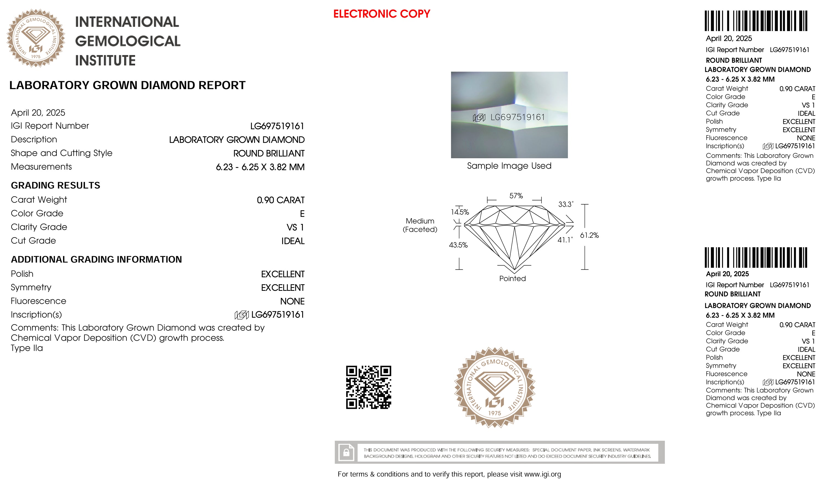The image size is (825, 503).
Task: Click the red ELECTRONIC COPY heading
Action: (x=381, y=14)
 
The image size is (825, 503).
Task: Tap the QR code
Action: (x=368, y=387)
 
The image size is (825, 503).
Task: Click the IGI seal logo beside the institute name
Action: (x=36, y=38)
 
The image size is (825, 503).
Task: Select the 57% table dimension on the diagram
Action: (x=516, y=196)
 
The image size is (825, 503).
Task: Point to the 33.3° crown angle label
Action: (x=565, y=204)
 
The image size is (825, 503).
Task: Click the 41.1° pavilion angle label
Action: (x=565, y=240)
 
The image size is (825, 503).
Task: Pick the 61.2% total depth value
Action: (x=589, y=235)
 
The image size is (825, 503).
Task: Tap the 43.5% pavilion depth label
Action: (x=458, y=245)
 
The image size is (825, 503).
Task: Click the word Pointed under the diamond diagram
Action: (x=512, y=278)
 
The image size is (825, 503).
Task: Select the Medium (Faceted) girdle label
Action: (x=420, y=225)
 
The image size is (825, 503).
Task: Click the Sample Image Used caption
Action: (x=509, y=166)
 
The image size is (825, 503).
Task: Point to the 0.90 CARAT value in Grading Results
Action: (x=280, y=200)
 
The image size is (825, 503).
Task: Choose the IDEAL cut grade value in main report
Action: (x=293, y=241)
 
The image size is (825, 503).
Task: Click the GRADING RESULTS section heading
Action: (x=56, y=185)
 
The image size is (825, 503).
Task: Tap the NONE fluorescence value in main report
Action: (x=292, y=301)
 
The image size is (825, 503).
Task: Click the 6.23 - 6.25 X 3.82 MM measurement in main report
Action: (x=260, y=167)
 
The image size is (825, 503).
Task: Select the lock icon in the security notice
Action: (x=346, y=452)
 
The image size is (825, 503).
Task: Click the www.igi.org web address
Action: (x=542, y=474)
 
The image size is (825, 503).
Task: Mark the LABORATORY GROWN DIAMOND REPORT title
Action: (x=127, y=86)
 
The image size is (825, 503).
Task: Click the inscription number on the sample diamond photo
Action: (x=517, y=117)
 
